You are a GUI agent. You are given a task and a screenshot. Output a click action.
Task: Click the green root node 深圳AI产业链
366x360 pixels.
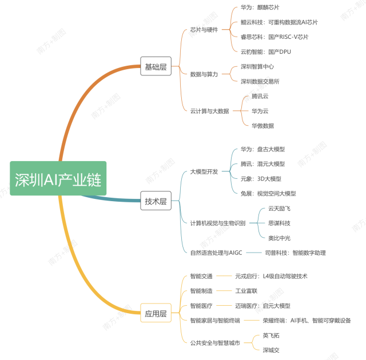click(x=58, y=178)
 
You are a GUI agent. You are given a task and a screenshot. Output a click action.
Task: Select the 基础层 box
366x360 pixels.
click(x=156, y=66)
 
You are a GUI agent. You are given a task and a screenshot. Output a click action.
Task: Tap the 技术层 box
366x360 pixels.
click(x=156, y=201)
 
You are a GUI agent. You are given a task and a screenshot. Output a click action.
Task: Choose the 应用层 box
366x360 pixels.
click(x=156, y=313)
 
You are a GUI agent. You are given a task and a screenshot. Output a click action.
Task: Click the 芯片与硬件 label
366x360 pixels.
click(x=204, y=30)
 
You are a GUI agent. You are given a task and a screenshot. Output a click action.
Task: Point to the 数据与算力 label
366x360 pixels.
click(x=204, y=74)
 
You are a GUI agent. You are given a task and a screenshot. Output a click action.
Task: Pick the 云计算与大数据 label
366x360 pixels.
click(x=210, y=111)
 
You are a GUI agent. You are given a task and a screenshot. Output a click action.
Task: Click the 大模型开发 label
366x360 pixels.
click(x=204, y=171)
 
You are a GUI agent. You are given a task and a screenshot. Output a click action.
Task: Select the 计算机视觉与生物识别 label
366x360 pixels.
click(x=218, y=223)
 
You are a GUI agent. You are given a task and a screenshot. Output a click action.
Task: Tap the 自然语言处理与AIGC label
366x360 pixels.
click(x=216, y=253)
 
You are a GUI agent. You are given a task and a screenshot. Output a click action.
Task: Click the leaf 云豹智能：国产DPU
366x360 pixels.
click(x=266, y=52)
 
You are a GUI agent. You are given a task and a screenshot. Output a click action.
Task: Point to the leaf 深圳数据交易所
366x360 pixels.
click(x=260, y=81)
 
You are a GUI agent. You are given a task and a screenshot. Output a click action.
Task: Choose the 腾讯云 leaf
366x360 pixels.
click(x=260, y=96)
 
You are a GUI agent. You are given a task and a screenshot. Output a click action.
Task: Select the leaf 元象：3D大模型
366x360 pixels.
click(x=261, y=179)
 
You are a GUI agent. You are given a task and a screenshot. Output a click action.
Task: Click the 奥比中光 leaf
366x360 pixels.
click(x=280, y=238)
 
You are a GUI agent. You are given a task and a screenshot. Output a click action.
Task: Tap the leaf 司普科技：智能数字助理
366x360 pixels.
click(x=296, y=253)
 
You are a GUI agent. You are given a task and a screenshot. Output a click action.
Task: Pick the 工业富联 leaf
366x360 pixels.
click(x=246, y=291)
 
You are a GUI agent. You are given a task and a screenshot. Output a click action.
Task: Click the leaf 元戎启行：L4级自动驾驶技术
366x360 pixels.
click(x=271, y=277)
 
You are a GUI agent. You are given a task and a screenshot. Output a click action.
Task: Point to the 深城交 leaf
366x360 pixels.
click(x=271, y=350)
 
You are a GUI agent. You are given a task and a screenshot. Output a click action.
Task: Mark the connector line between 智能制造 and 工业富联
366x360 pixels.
click(x=224, y=291)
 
